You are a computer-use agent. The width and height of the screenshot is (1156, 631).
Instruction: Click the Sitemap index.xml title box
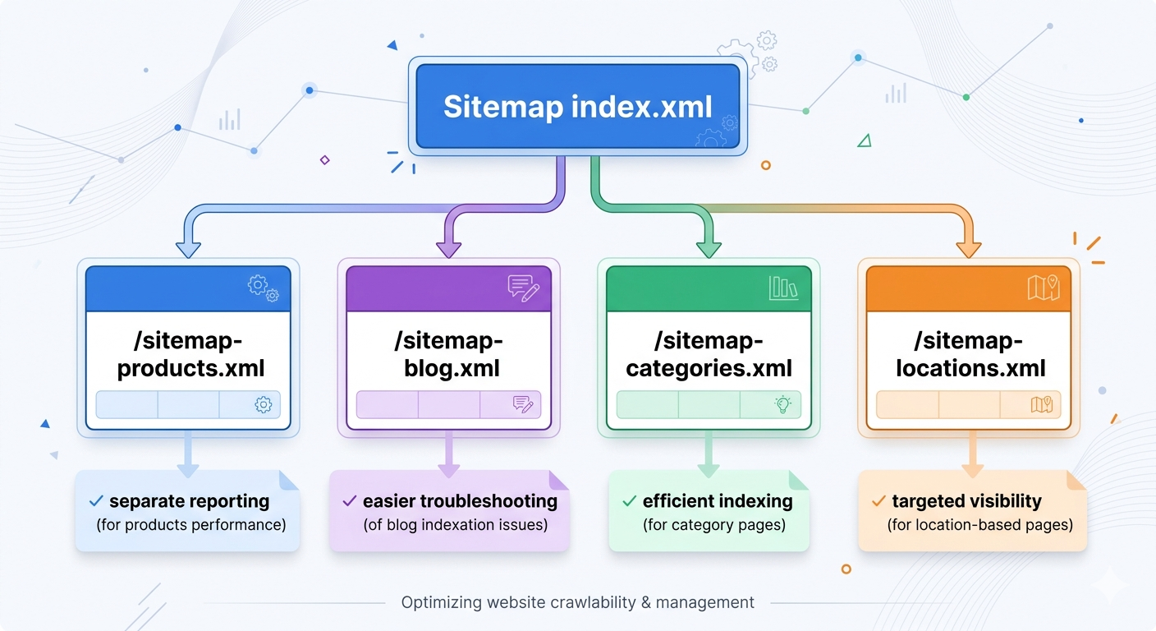click(x=577, y=107)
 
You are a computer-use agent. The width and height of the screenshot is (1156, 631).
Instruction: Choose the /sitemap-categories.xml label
click(x=709, y=354)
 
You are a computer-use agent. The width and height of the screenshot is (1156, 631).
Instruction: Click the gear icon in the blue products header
click(x=262, y=288)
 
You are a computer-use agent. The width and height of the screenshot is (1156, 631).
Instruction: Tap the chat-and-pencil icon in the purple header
click(x=523, y=288)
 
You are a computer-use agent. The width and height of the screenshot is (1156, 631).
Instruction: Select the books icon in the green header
click(x=783, y=288)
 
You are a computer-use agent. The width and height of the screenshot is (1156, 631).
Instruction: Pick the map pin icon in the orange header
click(x=1044, y=288)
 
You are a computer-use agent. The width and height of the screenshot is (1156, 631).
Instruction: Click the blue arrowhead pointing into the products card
click(x=189, y=247)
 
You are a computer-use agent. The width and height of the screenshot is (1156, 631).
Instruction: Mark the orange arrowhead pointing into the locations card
click(x=970, y=247)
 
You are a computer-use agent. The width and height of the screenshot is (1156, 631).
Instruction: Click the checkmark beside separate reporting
click(x=96, y=500)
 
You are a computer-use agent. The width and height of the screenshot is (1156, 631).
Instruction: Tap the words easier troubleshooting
click(x=460, y=500)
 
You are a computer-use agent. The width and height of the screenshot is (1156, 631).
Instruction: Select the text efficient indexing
click(x=718, y=500)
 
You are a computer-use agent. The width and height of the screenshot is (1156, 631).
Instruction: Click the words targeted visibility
click(x=966, y=500)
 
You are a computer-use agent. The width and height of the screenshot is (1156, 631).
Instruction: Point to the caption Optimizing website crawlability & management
click(x=577, y=602)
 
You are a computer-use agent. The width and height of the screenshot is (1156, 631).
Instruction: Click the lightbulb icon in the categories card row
click(x=782, y=404)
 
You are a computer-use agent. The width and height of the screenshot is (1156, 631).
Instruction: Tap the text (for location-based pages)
click(x=979, y=524)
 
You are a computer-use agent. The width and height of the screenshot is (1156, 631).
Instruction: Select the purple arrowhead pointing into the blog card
click(x=448, y=247)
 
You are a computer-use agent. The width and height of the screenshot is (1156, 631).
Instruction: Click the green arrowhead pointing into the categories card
click(x=708, y=247)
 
